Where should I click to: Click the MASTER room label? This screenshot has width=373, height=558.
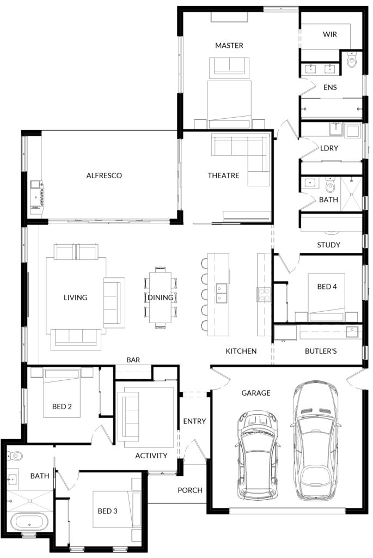coord(229,46)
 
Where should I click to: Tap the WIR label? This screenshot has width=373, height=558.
coord(329,34)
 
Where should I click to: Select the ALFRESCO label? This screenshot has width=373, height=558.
coord(104,175)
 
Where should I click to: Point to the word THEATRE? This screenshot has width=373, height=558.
coord(223,175)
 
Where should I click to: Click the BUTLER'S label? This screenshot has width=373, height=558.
coord(321,351)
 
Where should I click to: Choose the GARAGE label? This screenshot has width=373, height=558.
coord(256,393)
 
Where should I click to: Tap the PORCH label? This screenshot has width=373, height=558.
coord(190,490)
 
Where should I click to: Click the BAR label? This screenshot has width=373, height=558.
coord(133,360)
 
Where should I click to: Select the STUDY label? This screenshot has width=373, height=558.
coord(328,245)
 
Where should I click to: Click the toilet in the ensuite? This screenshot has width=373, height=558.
coord(352,60)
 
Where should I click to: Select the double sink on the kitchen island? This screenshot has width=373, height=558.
coord(222,293)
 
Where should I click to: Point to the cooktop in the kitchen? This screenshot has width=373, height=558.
coord(264,295)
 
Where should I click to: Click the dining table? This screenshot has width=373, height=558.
coord(161,298)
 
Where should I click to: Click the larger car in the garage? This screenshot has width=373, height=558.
coord(315,440)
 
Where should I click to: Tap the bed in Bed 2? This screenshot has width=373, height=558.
coord(62,393)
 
